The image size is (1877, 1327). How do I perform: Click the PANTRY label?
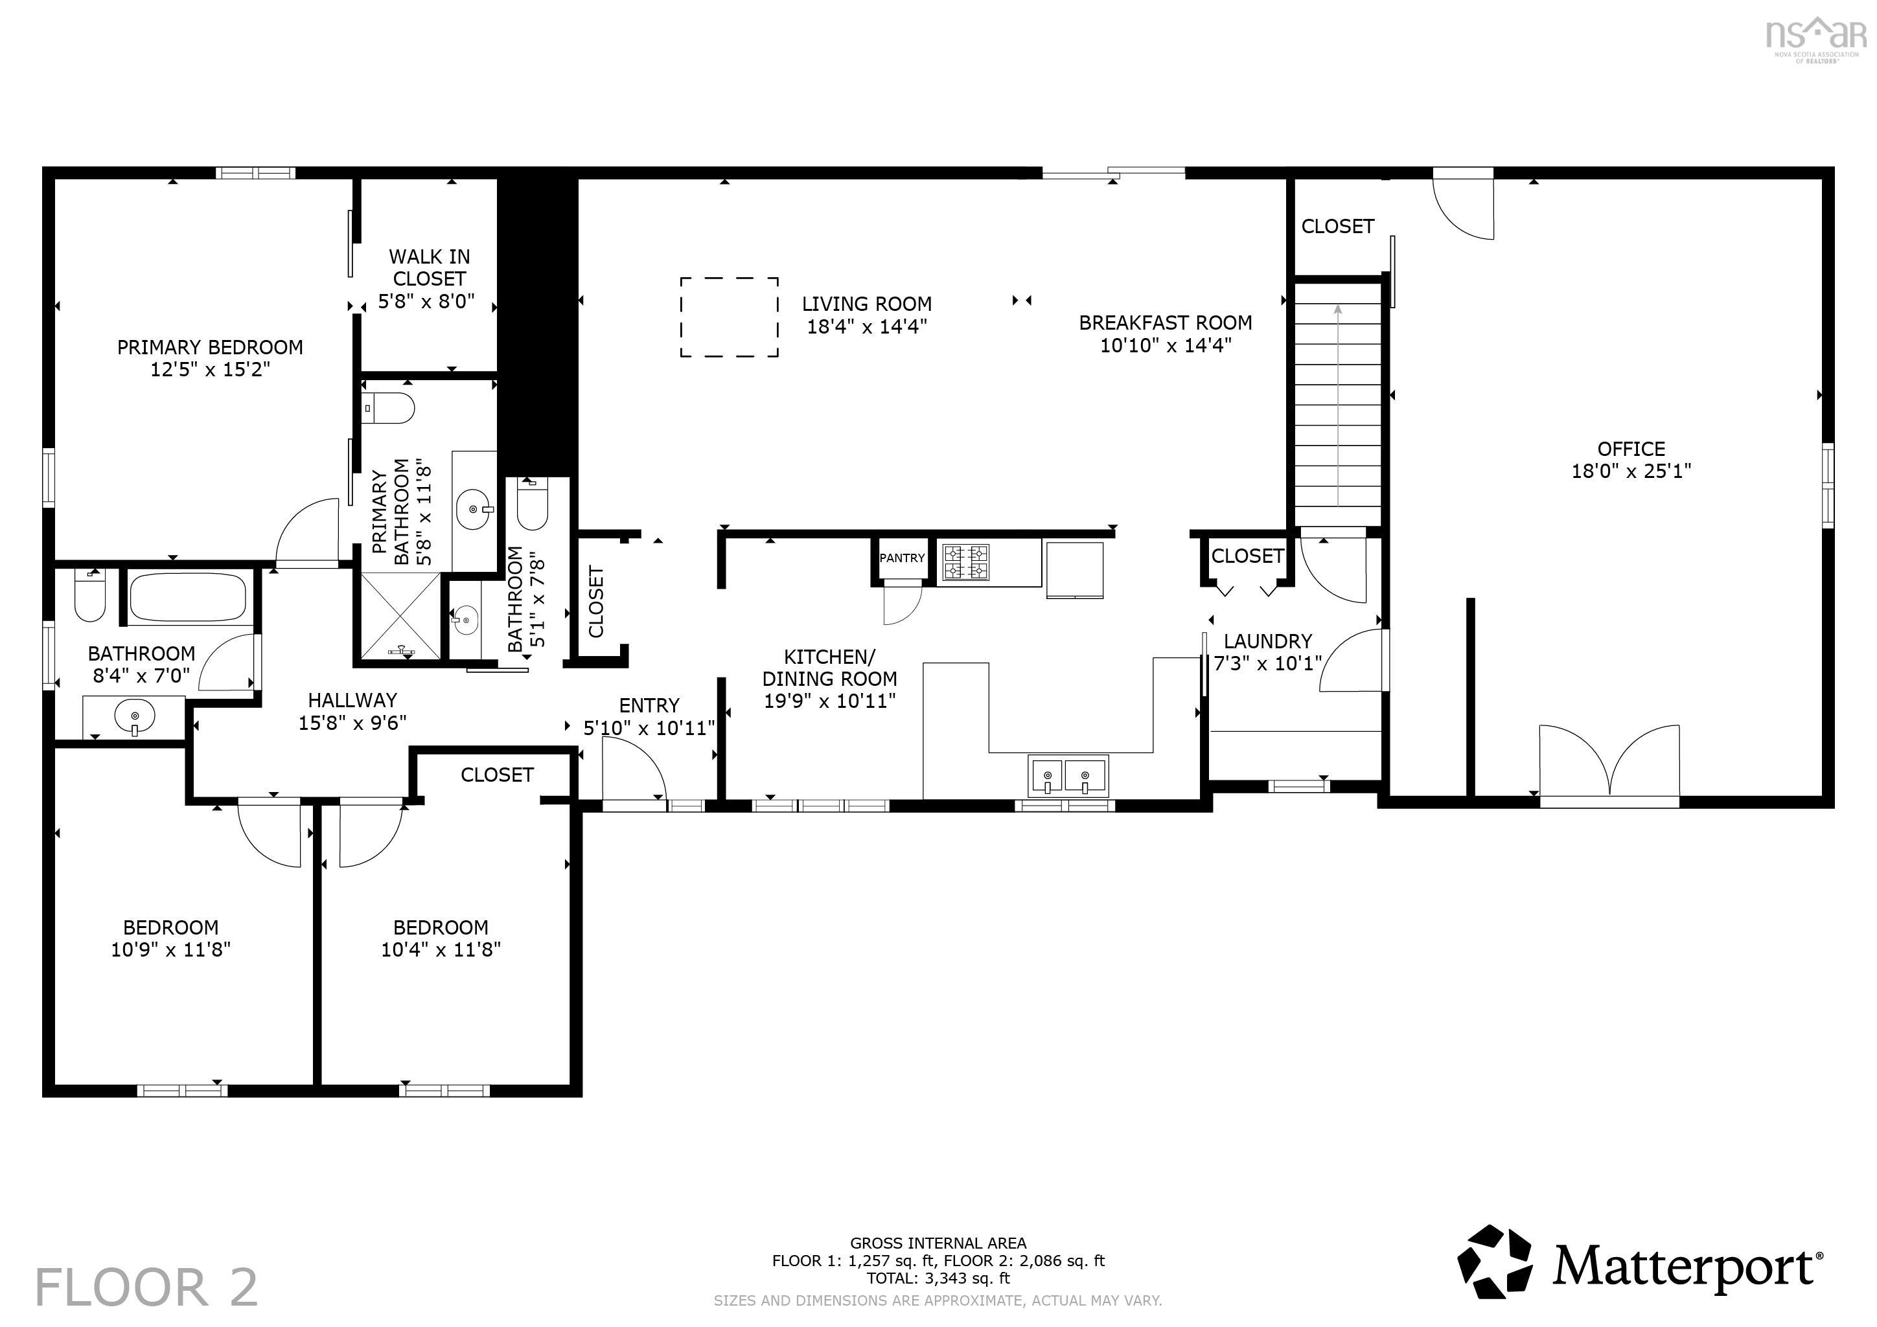(x=902, y=558)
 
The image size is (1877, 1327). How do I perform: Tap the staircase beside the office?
(x=1337, y=405)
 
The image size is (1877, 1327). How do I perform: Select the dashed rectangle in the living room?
(x=728, y=317)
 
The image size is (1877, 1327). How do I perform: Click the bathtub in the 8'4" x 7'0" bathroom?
(x=188, y=598)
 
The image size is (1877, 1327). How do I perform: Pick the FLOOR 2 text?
(x=147, y=1287)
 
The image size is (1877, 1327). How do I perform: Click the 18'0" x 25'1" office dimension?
(x=1631, y=471)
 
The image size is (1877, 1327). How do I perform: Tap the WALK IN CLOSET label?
(x=428, y=268)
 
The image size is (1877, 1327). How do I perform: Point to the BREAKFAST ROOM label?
(x=1165, y=323)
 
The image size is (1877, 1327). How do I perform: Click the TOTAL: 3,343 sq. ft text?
(x=938, y=1278)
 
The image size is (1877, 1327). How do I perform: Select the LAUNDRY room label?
(x=1268, y=641)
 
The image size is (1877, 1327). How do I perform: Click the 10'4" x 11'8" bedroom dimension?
(x=441, y=949)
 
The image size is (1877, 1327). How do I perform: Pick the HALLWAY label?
(x=352, y=700)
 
